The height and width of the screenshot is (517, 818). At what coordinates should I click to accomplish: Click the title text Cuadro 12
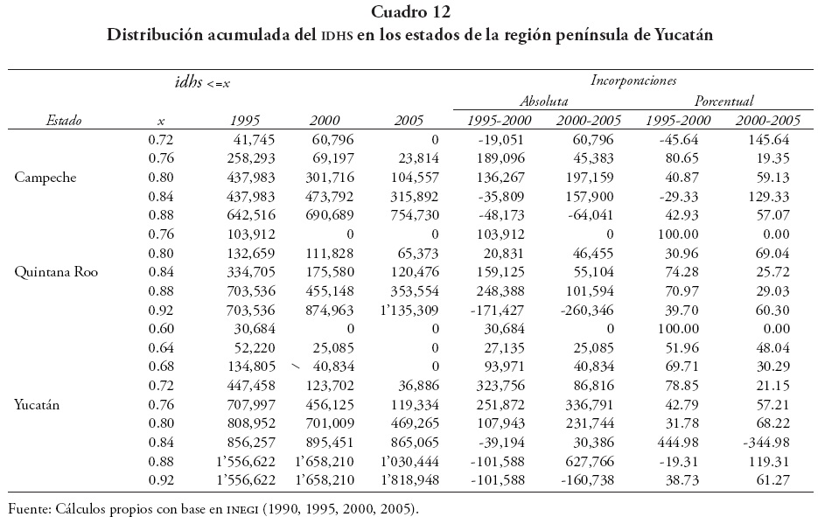(409, 12)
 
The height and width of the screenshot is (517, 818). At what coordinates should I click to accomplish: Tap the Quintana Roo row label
(55, 271)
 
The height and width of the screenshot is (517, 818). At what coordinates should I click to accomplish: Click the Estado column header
(64, 121)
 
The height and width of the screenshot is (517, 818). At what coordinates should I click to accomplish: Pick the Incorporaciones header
(633, 80)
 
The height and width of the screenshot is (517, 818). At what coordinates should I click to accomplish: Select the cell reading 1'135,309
(405, 309)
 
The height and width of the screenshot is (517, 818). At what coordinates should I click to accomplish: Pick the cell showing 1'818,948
(405, 480)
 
